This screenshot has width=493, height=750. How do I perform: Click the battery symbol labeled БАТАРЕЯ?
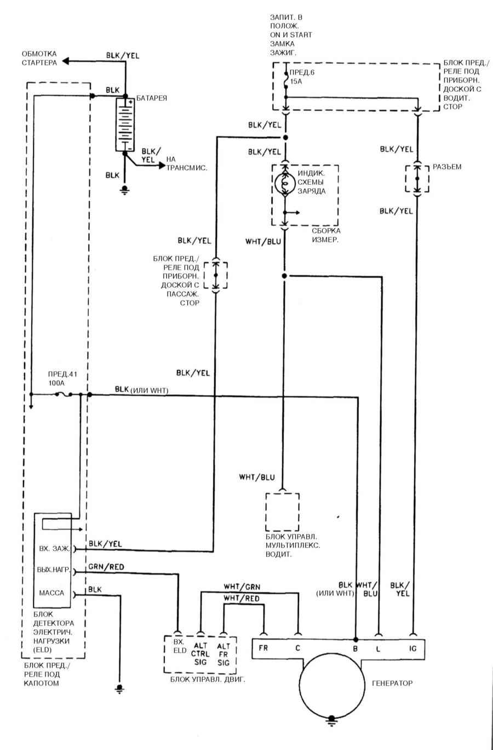pos(125,124)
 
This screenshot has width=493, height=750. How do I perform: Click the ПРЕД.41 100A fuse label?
pos(62,379)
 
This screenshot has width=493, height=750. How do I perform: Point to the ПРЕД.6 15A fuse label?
pos(302,77)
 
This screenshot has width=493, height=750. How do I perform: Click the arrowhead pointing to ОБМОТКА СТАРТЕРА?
pos(66,61)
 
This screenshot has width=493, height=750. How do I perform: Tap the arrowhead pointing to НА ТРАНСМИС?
pos(162,165)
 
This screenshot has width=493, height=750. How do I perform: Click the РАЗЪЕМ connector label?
pos(447,167)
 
